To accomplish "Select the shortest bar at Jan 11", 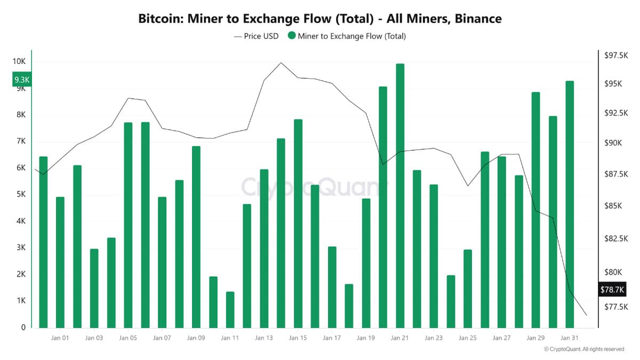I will point(230,309).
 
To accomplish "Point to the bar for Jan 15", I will point(298,223).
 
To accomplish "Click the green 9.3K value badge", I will point(22,79).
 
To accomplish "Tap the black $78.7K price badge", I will point(612,290).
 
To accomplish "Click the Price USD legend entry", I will point(256,36).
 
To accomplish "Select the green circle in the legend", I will point(291,36).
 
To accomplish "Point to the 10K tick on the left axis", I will point(19,61).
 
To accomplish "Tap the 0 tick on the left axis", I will point(23,327).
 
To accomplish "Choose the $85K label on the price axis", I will point(612,206).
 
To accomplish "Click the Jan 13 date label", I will point(263,338).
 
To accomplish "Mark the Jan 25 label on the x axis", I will point(468,338).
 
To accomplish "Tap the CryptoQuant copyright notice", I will point(583,349).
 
